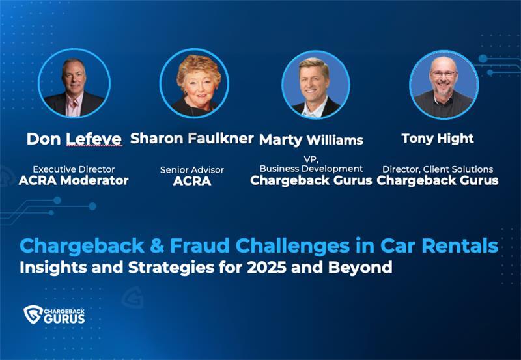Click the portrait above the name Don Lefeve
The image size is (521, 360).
tap(74, 83)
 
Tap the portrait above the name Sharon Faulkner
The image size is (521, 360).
tap(194, 83)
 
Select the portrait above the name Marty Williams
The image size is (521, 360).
tap(315, 85)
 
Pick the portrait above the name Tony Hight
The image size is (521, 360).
tap(444, 85)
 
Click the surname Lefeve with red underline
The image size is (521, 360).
tap(94, 139)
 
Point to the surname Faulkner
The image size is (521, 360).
tap(221, 138)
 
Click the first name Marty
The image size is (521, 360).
tap(281, 140)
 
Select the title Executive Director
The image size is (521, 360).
tap(74, 169)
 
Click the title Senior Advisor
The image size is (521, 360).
tap(192, 170)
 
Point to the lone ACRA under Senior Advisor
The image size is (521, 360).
tap(192, 181)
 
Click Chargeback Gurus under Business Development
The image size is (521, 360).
tap(311, 180)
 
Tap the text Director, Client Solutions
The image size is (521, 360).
tap(438, 169)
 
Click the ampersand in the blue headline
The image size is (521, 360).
tap(157, 246)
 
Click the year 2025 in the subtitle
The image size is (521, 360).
tap(266, 268)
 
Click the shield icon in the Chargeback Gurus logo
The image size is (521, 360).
tap(33, 314)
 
